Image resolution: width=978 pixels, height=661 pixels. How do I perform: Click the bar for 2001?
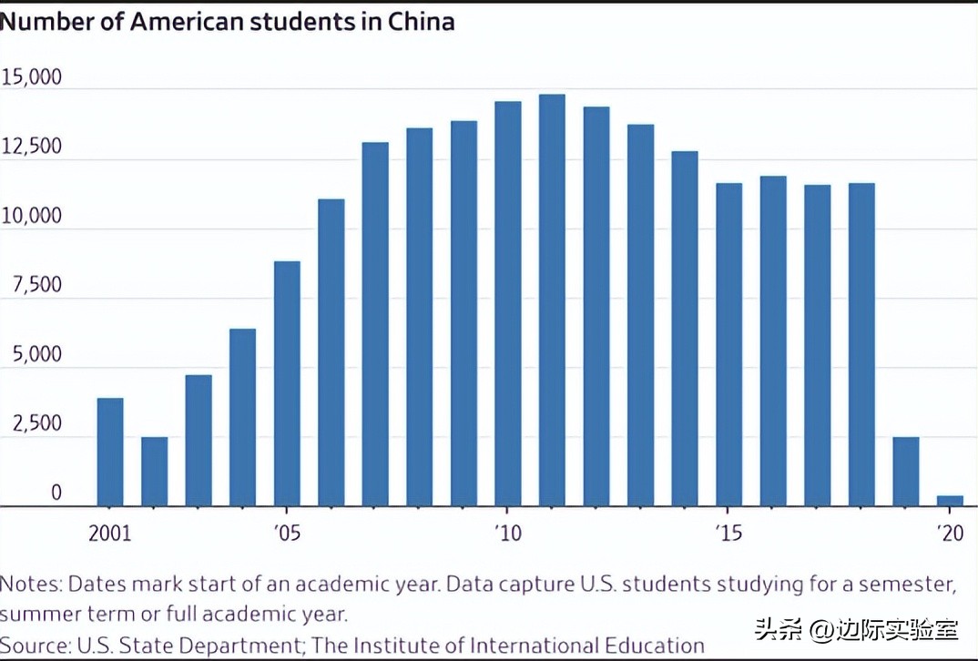[x=110, y=453]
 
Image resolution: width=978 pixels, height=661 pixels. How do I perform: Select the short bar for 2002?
[x=154, y=472]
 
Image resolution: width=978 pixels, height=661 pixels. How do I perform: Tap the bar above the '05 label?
[x=287, y=383]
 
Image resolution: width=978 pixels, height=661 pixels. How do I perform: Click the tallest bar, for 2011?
[x=552, y=300]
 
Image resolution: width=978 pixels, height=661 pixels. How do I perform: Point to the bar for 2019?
[x=905, y=472]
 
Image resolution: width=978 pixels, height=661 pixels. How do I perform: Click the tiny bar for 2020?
[x=950, y=501]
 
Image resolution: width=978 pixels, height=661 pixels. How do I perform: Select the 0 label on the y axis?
[x=55, y=493]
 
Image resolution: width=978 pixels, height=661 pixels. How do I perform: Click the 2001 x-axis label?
[x=109, y=534]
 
